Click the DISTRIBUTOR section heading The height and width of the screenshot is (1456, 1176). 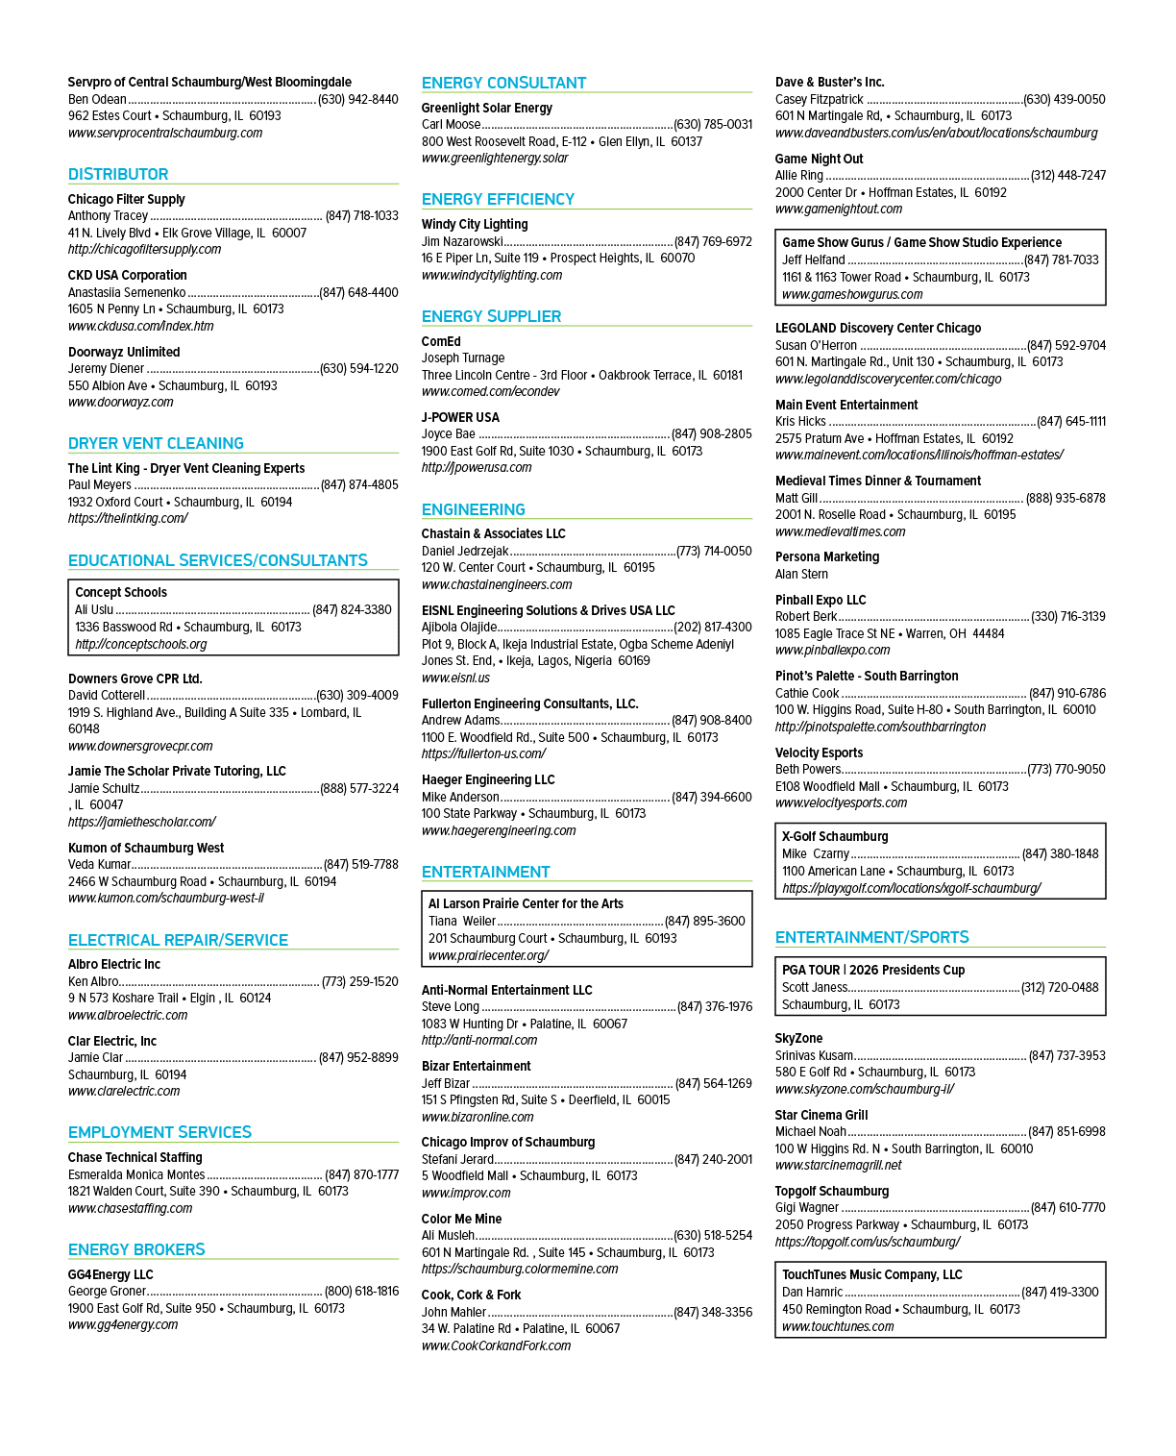click(x=117, y=174)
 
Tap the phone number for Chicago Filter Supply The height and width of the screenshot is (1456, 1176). click(x=361, y=216)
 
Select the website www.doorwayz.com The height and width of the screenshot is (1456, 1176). click(x=120, y=402)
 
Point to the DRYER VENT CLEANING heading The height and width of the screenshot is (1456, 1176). click(x=156, y=443)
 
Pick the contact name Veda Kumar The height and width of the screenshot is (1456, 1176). click(x=99, y=864)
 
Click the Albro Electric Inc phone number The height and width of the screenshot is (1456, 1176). click(x=360, y=981)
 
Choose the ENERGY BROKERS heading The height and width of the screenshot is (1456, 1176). click(x=136, y=1248)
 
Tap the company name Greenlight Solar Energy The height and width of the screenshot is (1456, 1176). click(x=486, y=108)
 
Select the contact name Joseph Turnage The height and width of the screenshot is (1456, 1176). click(x=462, y=358)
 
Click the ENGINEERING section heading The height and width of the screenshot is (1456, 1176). click(x=473, y=509)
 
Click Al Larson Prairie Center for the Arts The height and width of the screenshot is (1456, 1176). click(x=526, y=903)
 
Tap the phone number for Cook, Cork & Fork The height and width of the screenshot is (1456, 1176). click(x=713, y=1312)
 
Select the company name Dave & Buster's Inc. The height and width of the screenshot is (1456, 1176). click(x=829, y=82)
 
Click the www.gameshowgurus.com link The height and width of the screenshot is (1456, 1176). click(x=852, y=294)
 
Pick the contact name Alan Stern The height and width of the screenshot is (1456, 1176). click(x=801, y=574)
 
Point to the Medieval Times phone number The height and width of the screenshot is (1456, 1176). click(x=1066, y=498)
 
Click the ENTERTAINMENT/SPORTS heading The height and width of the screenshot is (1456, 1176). click(x=872, y=936)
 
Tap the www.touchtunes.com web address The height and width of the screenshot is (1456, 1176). click(x=838, y=1326)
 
